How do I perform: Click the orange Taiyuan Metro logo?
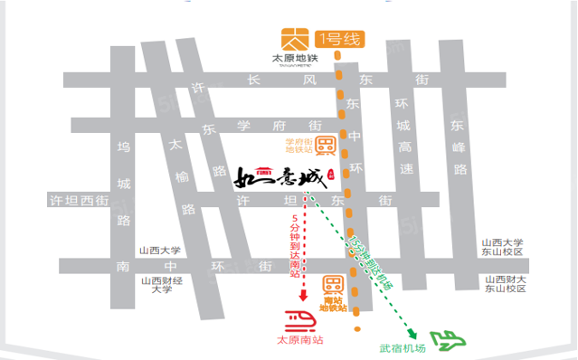pos(295,39)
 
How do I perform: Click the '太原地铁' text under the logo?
pos(295,60)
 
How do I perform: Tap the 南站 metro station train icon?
pos(334,283)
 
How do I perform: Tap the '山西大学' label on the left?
pos(160,251)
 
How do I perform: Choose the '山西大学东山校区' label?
pos(503,246)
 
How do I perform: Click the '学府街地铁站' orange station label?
pos(298,147)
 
